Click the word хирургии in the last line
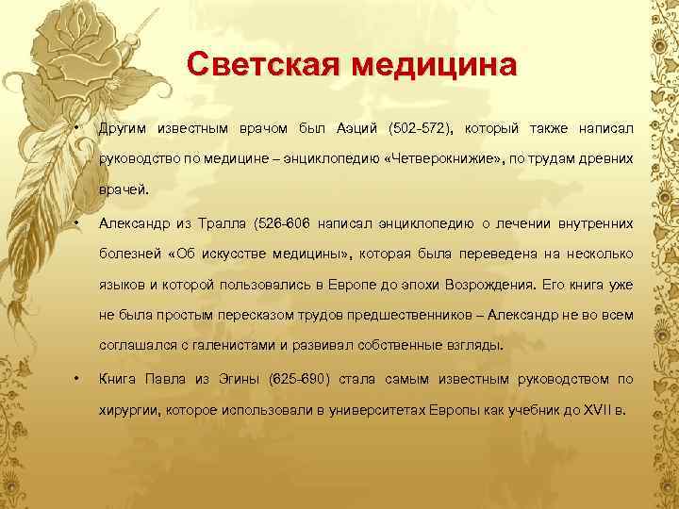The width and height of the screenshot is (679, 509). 128,411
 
